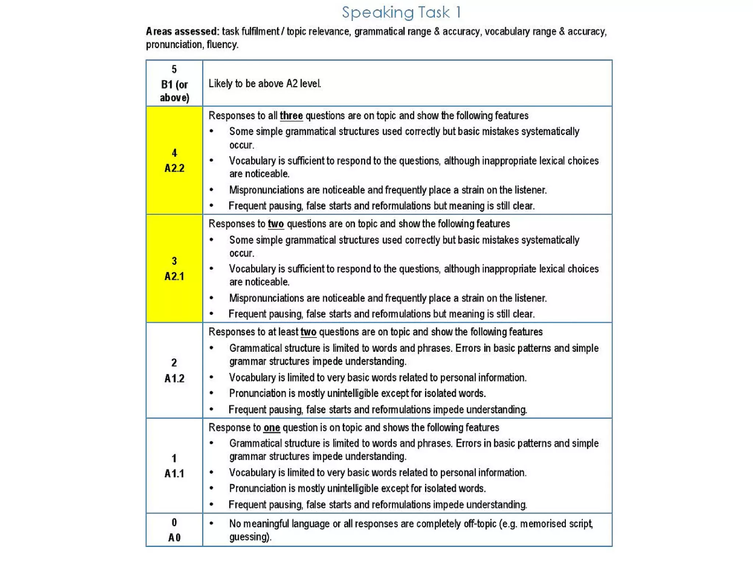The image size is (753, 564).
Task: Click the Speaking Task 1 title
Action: pyautogui.click(x=401, y=13)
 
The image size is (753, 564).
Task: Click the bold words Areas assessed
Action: pyautogui.click(x=182, y=32)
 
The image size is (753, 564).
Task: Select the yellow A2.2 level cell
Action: pyautogui.click(x=174, y=160)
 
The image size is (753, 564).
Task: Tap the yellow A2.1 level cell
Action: pyautogui.click(x=174, y=268)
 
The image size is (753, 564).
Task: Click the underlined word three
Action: pyautogui.click(x=291, y=116)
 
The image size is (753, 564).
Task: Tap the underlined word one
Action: pyautogui.click(x=272, y=428)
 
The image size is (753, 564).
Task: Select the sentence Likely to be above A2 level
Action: pyautogui.click(x=265, y=84)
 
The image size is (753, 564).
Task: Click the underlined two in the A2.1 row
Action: pyautogui.click(x=276, y=224)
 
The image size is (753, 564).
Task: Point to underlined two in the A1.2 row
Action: pyautogui.click(x=308, y=332)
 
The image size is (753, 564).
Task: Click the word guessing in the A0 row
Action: pyautogui.click(x=249, y=537)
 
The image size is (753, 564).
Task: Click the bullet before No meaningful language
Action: pyautogui.click(x=211, y=523)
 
